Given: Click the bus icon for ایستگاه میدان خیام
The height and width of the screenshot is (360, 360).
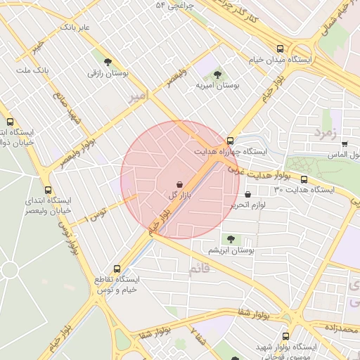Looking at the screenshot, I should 281,49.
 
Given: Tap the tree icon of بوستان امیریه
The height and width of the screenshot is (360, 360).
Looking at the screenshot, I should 217,73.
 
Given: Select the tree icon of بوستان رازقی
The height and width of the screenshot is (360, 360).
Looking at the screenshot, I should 107,62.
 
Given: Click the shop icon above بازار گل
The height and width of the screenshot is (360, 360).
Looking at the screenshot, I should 179,183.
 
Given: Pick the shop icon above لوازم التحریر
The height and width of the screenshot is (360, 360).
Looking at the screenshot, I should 247,195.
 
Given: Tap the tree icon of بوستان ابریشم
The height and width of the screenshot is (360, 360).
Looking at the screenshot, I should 231,239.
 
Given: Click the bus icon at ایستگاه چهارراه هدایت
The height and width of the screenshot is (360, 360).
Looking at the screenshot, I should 231,140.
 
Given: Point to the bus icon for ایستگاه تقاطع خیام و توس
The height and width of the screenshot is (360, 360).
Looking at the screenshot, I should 117,268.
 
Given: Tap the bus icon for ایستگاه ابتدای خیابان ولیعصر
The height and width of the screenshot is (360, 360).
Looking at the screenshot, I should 48,190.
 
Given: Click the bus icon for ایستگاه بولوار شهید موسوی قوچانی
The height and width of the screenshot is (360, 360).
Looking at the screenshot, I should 285,336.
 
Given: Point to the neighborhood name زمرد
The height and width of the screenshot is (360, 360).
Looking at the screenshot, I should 326,132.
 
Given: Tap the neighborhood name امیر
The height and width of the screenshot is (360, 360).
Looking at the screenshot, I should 138,96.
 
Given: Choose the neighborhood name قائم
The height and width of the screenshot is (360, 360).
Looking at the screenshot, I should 199,269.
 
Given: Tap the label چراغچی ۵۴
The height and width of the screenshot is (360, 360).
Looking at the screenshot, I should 174,6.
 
